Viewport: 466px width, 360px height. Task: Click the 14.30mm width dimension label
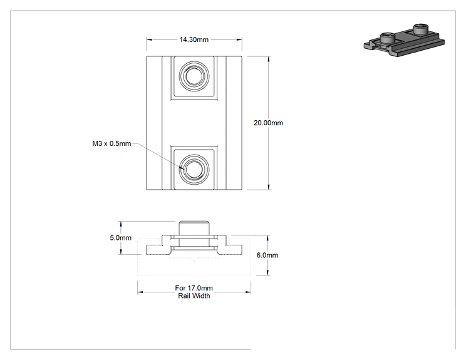tap(194, 39)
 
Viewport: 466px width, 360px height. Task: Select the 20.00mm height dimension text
tap(268, 123)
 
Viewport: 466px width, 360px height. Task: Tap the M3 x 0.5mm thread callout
tap(111, 143)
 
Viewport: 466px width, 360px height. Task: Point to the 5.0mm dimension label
tap(120, 238)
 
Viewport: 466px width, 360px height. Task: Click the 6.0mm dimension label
tap(267, 255)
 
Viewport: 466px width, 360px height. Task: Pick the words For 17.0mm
tap(194, 288)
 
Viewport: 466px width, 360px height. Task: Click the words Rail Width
tap(194, 296)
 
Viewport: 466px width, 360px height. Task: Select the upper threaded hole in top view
tap(194, 76)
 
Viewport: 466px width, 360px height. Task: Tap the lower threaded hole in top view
tap(194, 169)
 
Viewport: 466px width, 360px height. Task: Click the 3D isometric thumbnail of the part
tap(404, 40)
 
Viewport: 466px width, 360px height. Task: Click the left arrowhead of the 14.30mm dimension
tap(149, 39)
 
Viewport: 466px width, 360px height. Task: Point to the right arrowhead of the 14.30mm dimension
tap(239, 39)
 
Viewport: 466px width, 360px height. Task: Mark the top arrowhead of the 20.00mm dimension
tap(269, 59)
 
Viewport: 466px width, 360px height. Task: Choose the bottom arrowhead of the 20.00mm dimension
tap(269, 187)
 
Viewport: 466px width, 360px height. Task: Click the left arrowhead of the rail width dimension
tap(140, 292)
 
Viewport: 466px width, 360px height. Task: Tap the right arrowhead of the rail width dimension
tap(248, 292)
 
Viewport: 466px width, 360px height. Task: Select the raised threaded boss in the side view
tap(194, 228)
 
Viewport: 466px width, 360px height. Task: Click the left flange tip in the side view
tap(147, 250)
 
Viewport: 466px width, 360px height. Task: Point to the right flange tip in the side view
tap(242, 250)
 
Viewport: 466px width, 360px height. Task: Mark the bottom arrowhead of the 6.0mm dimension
tap(268, 272)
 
